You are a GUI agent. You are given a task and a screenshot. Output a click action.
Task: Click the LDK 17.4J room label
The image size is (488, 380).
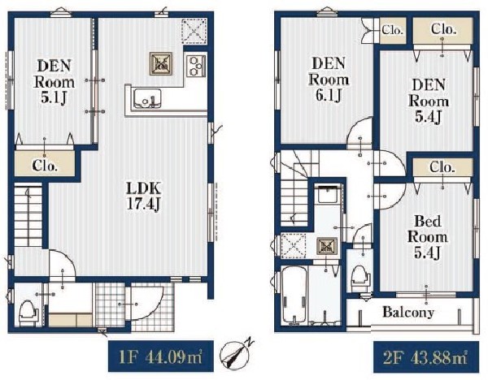click(144, 196)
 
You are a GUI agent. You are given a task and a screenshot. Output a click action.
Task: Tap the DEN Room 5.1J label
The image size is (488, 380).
click(54, 82)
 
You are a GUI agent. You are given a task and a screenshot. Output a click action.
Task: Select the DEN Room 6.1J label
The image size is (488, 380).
click(329, 80)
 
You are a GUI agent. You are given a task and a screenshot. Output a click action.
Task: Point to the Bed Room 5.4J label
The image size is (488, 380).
click(427, 237)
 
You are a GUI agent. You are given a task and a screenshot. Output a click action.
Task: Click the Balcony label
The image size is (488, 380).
click(408, 312)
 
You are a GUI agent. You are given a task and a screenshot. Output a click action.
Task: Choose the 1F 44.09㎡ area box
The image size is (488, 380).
click(161, 356)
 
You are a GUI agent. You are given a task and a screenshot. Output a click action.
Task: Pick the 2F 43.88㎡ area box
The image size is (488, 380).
click(426, 357)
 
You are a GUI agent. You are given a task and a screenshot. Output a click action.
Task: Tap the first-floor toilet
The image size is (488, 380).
click(28, 312)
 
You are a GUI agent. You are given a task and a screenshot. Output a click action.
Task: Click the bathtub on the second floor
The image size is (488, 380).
click(294, 295)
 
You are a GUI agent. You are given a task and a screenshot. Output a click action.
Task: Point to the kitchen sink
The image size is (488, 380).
click(147, 98)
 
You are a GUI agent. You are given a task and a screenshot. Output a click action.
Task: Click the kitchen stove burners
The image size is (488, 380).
click(196, 66)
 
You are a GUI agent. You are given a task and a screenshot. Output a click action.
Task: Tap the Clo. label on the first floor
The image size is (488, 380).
click(45, 166)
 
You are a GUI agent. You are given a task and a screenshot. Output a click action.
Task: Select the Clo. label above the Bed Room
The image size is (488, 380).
click(442, 168)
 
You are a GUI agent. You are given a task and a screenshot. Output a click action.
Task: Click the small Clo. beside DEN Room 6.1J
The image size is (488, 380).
click(393, 30)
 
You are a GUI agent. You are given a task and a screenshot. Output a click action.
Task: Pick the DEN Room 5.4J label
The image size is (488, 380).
click(429, 101)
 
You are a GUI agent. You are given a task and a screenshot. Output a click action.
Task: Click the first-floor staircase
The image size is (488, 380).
click(28, 215)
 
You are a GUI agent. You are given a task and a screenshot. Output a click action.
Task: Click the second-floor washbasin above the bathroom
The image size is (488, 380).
click(328, 194)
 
